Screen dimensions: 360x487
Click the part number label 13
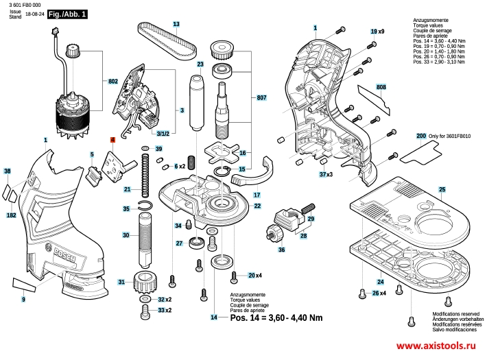pos(176,24)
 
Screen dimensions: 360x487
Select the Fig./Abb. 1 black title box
pos(68,14)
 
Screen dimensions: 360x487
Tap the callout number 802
pos(113,81)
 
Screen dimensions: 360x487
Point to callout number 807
pos(261,97)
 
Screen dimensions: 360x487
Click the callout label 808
pos(381,87)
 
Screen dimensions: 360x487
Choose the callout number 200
pos(421,137)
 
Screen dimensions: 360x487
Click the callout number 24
pos(380,281)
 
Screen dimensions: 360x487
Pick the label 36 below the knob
pos(281,250)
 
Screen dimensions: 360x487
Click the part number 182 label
pos(11,215)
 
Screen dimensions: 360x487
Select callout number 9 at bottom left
pos(23,300)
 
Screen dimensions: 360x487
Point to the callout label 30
pos(126,235)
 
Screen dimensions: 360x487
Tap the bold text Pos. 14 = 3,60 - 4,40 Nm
pos(276,317)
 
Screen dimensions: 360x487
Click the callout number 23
pos(200,64)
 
